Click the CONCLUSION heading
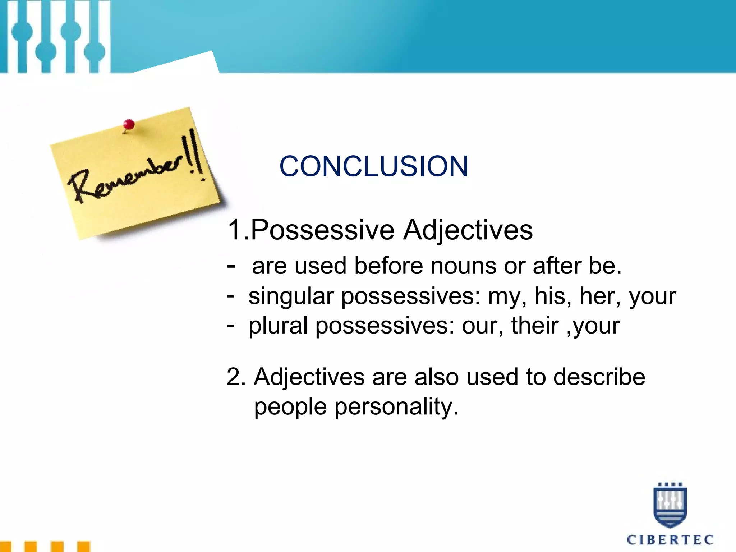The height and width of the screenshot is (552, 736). pos(374,166)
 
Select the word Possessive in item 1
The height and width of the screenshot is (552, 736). pos(322,230)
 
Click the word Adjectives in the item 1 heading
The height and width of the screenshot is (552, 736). pos(468,230)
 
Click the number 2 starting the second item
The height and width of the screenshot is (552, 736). pos(235,377)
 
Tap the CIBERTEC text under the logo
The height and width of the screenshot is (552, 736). pos(670,539)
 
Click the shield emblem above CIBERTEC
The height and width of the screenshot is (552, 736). pos(670,505)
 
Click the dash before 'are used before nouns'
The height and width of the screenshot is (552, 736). pos(231,266)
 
